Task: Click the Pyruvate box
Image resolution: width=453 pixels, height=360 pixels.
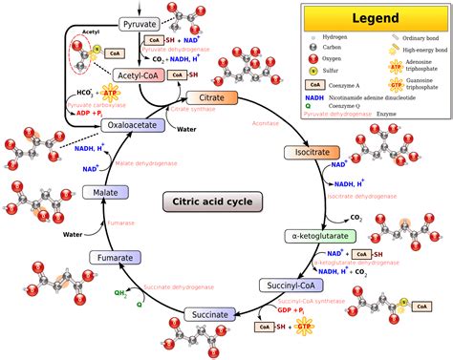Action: (x=140, y=22)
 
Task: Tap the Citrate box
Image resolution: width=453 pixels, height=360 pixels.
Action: (x=206, y=98)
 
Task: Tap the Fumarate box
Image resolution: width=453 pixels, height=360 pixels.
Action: (x=118, y=257)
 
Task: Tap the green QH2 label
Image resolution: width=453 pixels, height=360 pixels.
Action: (x=120, y=293)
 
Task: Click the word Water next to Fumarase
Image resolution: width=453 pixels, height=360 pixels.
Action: (x=74, y=233)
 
